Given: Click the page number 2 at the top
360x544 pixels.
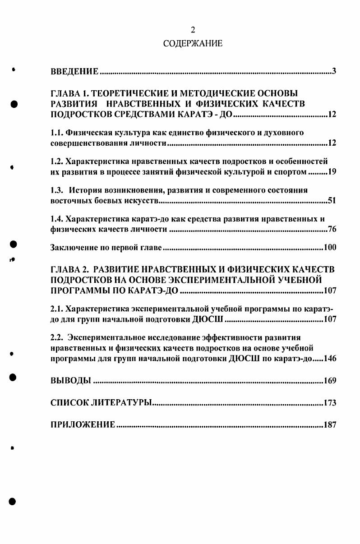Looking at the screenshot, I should (x=193, y=30).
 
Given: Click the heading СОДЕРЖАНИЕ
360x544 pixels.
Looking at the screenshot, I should (x=193, y=44).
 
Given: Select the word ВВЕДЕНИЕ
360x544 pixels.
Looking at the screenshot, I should (x=74, y=72).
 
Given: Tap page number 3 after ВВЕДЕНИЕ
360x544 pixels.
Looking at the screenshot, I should (x=334, y=72).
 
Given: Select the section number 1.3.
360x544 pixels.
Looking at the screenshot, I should (x=56, y=190).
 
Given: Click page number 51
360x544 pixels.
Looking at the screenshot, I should (x=332, y=201).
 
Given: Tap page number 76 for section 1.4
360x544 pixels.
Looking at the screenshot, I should (x=332, y=230).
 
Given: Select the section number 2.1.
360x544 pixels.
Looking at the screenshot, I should (x=56, y=309).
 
